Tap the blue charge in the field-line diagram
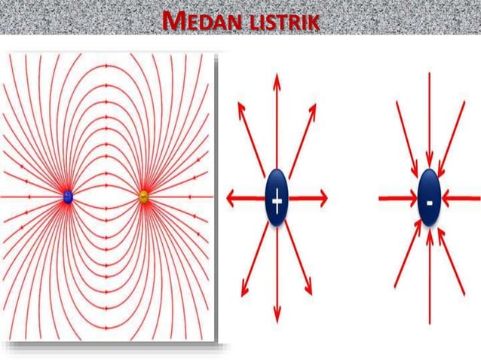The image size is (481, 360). coord(68,197)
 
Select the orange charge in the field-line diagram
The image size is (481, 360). coord(144,197)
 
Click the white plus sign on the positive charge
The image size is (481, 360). coord(277,200)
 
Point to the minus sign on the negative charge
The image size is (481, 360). coord(429,201)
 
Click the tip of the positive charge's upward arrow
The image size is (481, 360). coord(277,76)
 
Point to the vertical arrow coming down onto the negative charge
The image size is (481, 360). coord(429,121)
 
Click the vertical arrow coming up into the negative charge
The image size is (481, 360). coord(429,279)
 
